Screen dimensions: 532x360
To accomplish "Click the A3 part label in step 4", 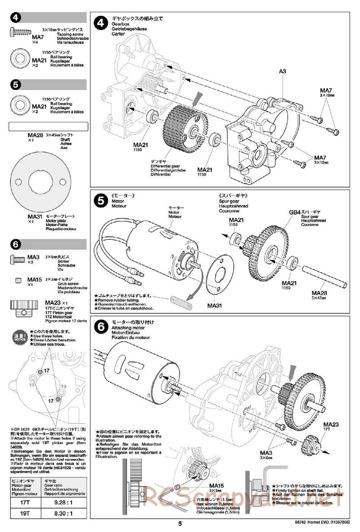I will pos(282,71).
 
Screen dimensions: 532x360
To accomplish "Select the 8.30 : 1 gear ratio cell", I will pos(63,513).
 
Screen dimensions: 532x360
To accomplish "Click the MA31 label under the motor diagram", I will pos(214,305).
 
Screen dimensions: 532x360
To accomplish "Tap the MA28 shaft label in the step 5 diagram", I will pos(319,293).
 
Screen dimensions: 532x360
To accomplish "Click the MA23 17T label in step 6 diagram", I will pos(331,425).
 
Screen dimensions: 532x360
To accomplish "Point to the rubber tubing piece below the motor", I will pos(181,303).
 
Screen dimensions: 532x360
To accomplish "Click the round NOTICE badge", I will pos(20,337).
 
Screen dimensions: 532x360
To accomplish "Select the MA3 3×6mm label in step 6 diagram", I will pos(266,453).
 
